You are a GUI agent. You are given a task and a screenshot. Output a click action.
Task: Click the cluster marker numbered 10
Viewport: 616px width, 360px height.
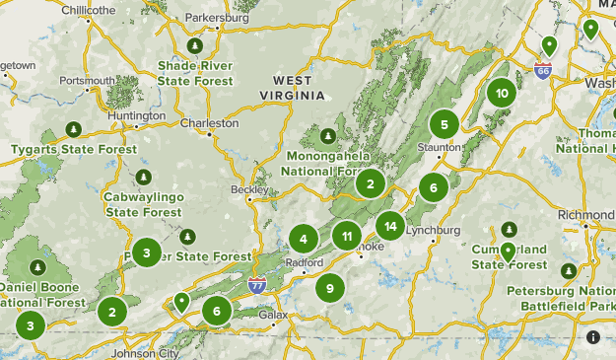coord(502,94)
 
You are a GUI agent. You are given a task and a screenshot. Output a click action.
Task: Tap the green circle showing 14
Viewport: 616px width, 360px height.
coord(390,226)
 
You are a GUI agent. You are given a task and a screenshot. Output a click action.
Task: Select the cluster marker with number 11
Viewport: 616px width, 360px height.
coord(346,236)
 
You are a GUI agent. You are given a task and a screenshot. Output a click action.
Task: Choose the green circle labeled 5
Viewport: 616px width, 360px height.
coord(445,124)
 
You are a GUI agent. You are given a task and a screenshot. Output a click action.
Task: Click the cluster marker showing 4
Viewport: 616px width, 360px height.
coord(304,238)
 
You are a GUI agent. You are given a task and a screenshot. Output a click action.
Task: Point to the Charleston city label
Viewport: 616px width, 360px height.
coord(210,124)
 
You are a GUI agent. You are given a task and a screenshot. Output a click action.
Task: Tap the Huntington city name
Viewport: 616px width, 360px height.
coord(136,115)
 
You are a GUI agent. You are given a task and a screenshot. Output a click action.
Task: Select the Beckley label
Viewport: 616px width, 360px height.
coord(249,188)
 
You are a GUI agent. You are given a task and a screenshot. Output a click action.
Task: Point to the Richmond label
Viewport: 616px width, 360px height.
coord(585,214)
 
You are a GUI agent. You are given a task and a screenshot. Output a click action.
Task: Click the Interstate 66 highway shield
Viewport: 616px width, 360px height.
coord(543,71)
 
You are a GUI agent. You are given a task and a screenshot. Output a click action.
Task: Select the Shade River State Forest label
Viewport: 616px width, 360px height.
coord(195,72)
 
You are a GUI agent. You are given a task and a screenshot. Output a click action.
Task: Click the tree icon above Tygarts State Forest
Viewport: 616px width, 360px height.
coord(72,129)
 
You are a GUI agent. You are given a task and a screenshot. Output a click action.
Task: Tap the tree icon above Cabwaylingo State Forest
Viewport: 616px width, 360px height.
coord(144,178)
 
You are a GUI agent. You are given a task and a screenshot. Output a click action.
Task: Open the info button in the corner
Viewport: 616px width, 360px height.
coord(593,337)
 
